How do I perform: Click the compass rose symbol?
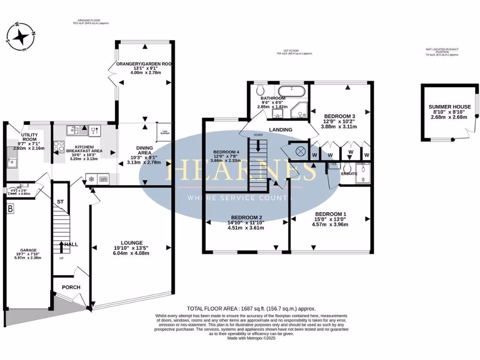tap(21, 36)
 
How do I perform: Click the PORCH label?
tap(71, 287)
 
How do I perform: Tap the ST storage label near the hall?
tap(60, 202)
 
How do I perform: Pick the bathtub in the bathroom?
tap(292, 91)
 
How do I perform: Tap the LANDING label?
tap(281, 130)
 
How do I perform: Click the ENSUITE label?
tap(349, 173)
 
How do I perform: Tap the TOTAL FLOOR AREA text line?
tap(251, 308)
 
